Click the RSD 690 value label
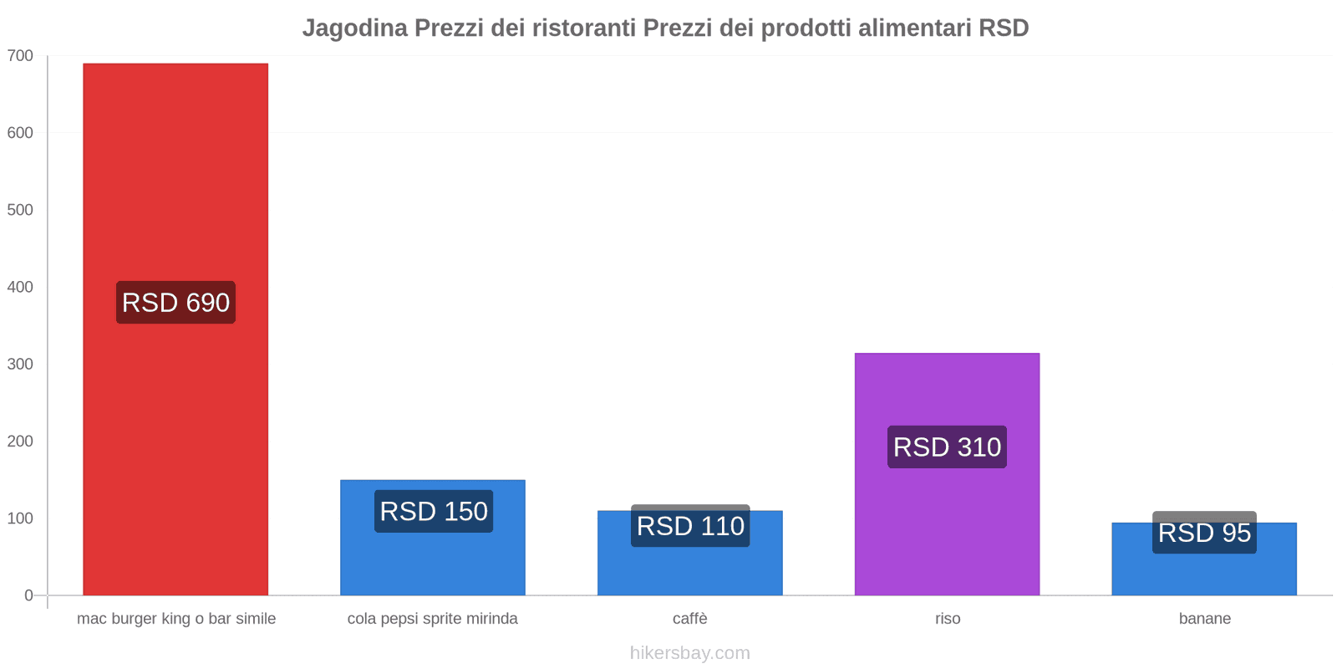(175, 303)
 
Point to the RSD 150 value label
(433, 511)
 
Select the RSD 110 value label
(690, 526)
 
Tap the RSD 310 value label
(947, 447)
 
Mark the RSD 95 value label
(1204, 533)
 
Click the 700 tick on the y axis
(20, 56)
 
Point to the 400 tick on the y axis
(20, 287)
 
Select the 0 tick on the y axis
(28, 595)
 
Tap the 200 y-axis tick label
(20, 442)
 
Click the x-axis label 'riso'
(948, 619)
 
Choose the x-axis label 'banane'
(1204, 619)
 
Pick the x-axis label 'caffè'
(690, 619)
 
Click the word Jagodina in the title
(355, 28)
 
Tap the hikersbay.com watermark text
(690, 653)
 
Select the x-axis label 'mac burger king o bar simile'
(176, 619)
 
